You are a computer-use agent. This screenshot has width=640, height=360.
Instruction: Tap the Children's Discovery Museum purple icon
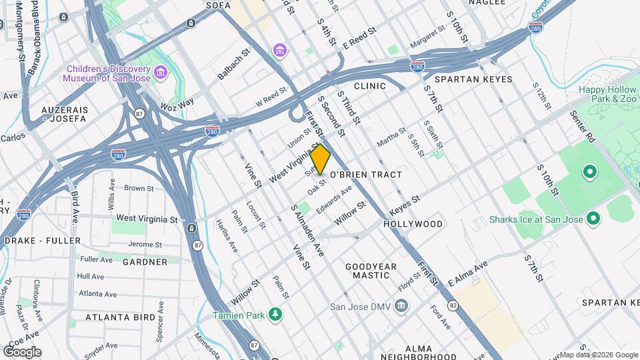[160, 72]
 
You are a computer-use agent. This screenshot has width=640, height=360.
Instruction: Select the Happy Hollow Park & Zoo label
[609, 94]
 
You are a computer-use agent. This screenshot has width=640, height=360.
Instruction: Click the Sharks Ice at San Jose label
[536, 219]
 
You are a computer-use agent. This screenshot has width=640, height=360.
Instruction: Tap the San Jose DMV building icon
[400, 307]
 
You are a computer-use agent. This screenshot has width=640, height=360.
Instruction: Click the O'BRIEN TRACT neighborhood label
[366, 175]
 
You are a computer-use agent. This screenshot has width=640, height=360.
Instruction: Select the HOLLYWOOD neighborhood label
[413, 224]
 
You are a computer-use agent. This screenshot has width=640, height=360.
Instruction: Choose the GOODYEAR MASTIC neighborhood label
[371, 271]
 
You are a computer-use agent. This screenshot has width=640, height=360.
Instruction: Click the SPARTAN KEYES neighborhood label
[479, 79]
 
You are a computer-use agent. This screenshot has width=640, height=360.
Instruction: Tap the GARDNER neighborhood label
[145, 262]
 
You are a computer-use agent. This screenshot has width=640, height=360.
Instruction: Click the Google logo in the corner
[22, 352]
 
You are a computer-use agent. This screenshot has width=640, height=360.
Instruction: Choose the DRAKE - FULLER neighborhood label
[42, 241]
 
